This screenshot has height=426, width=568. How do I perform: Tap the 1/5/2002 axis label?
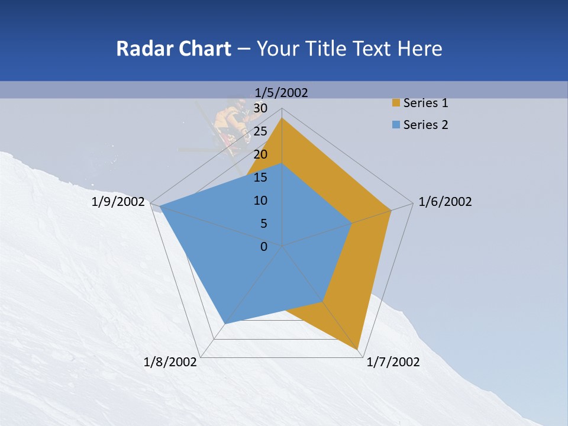281,92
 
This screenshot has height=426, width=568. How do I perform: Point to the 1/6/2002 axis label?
445,202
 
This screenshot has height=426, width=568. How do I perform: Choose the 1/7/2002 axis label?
393,362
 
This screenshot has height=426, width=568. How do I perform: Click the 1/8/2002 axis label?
170,362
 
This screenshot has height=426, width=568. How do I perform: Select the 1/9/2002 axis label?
118,202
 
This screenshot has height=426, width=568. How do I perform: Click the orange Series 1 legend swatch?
396,103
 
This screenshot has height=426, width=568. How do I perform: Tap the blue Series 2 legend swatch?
396,125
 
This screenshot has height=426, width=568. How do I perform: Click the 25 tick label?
260,131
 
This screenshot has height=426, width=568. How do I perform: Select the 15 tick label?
260,177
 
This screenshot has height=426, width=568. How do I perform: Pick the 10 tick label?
260,201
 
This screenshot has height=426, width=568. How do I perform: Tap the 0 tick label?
264,247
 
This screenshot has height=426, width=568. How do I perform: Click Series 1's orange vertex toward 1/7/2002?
359,350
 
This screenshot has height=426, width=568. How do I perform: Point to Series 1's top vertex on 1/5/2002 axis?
282,118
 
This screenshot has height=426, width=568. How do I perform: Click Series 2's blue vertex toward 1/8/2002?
225,324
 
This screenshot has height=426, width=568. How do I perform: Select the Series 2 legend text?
425,125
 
